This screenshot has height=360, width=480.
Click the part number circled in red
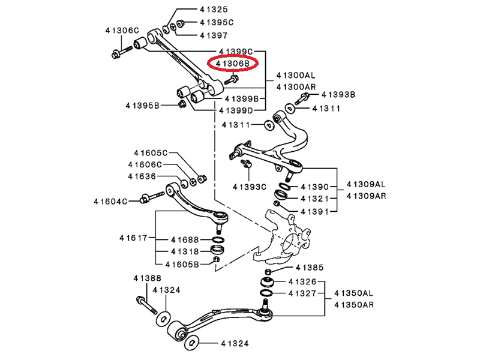pos(233,64)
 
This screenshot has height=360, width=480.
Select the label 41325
pos(214,10)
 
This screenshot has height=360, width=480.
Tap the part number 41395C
pos(217,22)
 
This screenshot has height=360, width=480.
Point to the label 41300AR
pos(296,87)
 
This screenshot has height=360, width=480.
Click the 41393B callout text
pos(338,95)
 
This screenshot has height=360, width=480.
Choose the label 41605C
pos(151,153)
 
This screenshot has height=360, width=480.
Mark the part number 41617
pos(133,238)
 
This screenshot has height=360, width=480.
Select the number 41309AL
pos(366,184)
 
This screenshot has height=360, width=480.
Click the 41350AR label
pos(354,305)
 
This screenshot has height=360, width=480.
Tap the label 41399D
pos(236,110)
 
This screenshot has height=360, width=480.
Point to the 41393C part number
pos(250,187)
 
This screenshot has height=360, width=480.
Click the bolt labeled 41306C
pos(122,52)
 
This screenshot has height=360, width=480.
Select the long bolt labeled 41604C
pos(152,197)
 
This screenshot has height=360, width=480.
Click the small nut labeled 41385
pos(267,271)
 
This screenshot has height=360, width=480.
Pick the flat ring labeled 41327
pos(266,293)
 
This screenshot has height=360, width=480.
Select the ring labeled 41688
pos(218,239)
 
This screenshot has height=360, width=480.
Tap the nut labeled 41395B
pos(182,104)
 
